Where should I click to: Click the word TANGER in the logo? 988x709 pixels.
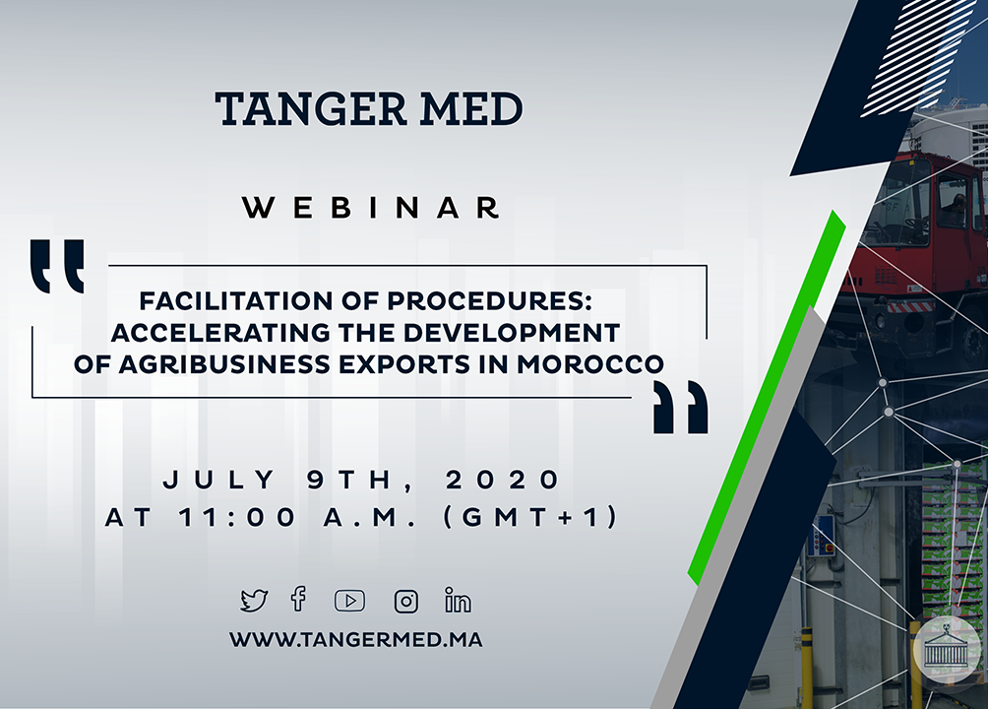point(311,108)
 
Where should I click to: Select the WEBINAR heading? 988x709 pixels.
point(371,208)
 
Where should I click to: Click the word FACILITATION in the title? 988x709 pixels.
point(235,301)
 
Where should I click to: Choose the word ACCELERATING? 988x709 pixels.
point(220,333)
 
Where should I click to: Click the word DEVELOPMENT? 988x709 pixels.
point(512,333)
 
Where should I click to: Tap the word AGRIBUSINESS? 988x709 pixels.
point(223,364)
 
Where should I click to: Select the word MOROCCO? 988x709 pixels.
point(590,364)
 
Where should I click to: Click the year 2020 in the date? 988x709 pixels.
point(502,480)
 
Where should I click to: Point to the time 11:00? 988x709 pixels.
point(237,517)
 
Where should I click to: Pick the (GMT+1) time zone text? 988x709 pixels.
point(529,517)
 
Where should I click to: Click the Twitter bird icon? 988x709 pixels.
point(254,601)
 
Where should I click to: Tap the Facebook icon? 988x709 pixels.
point(299,600)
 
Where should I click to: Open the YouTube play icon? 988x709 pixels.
point(349,601)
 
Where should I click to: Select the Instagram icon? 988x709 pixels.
point(405,601)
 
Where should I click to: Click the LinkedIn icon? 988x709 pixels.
point(458,600)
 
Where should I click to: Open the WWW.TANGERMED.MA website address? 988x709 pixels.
point(356,640)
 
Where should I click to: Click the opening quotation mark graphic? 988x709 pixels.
point(57,266)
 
